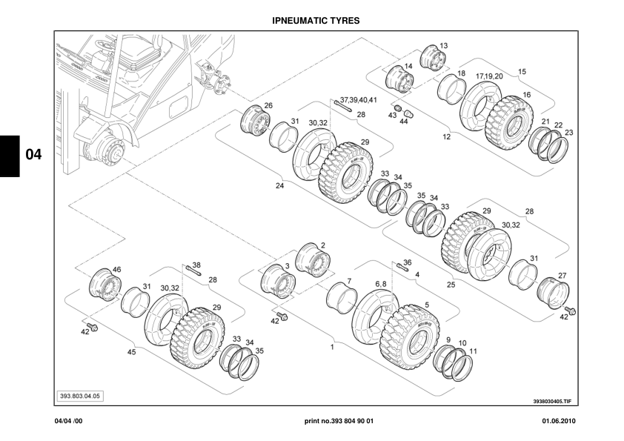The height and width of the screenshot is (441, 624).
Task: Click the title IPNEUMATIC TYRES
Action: click(311, 21)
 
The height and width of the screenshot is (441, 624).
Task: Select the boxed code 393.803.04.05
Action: click(81, 396)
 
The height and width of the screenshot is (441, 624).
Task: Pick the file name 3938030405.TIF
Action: click(552, 401)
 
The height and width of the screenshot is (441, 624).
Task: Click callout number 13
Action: click(443, 46)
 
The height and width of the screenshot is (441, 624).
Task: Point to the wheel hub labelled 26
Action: click(256, 122)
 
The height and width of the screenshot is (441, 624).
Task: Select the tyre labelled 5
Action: click(407, 331)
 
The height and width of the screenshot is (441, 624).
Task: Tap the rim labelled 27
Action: click(553, 291)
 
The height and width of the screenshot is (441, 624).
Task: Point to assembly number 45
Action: click(132, 352)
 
